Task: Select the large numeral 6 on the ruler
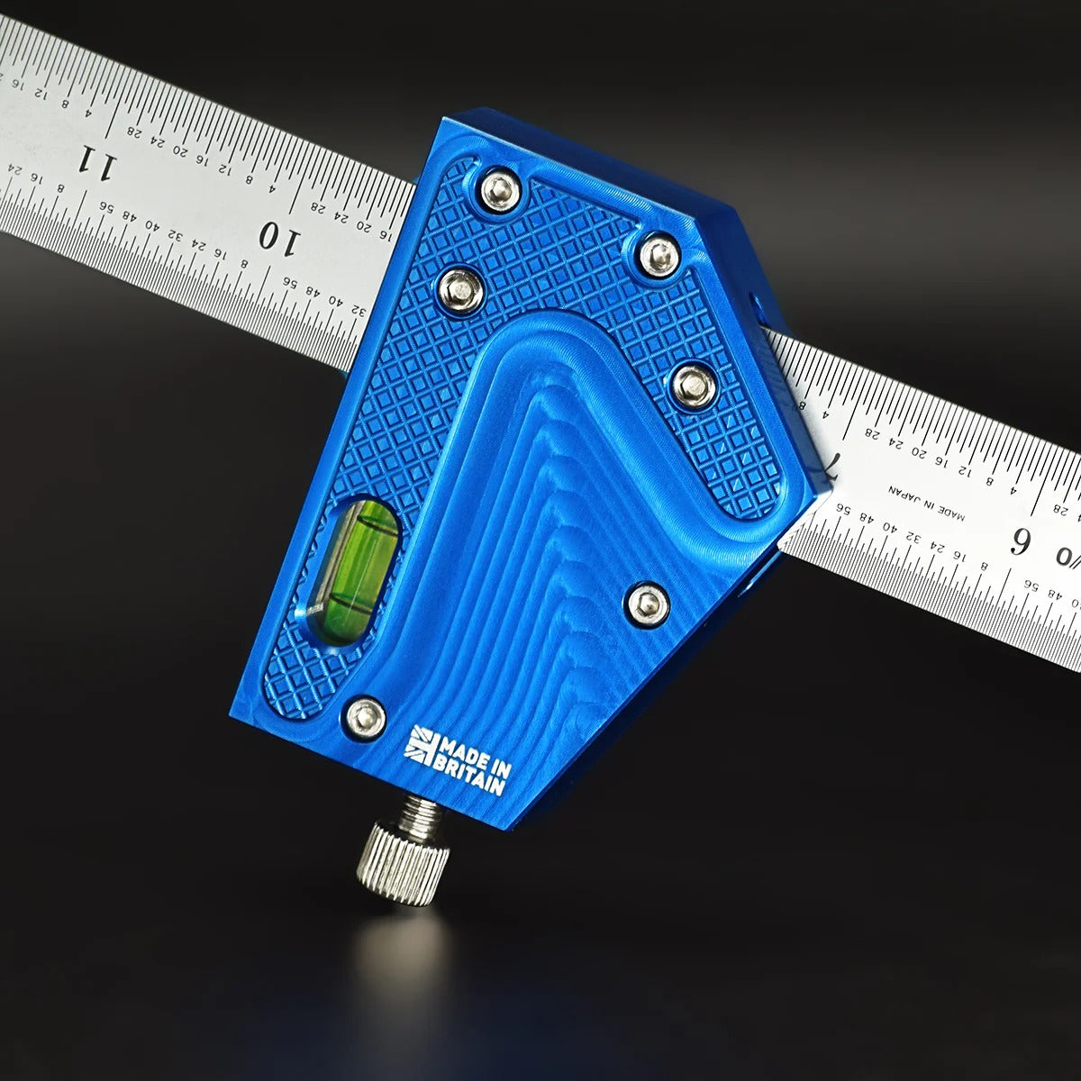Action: pos(1022,543)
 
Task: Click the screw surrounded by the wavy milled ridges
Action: pos(648,603)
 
